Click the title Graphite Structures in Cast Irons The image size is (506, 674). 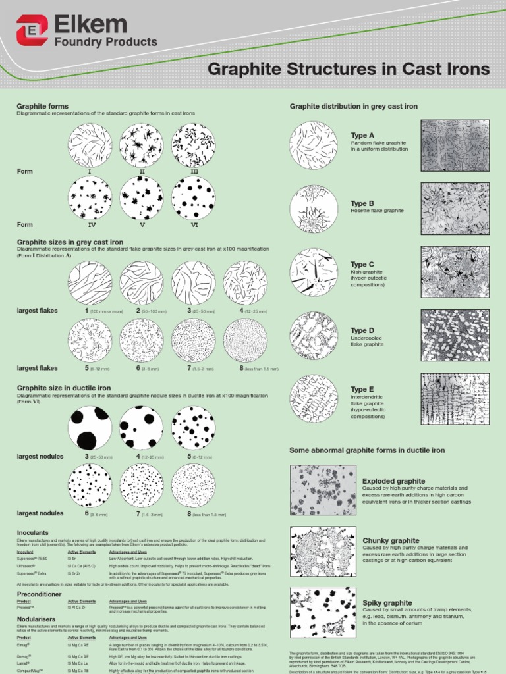pyautogui.click(x=349, y=69)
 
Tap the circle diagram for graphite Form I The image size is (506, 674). pyautogui.click(x=90, y=145)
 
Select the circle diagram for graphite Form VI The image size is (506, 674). pyautogui.click(x=193, y=197)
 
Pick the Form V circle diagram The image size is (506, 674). pyautogui.click(x=141, y=197)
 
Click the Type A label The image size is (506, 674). pyautogui.click(x=362, y=135)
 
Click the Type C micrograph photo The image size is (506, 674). pyautogui.click(x=455, y=272)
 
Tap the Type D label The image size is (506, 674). pyautogui.click(x=362, y=330)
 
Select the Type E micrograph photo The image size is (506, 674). pyautogui.click(x=455, y=399)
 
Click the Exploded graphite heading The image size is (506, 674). pyautogui.click(x=393, y=481)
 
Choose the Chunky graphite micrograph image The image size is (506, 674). pyautogui.click(x=323, y=551)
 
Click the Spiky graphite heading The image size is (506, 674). pyautogui.click(x=387, y=602)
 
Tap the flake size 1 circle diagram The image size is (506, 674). pyautogui.click(x=90, y=283)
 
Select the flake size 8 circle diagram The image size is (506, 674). pyautogui.click(x=245, y=340)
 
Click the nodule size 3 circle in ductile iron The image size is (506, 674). pyautogui.click(x=90, y=428)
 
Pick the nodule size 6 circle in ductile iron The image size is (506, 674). pyautogui.click(x=90, y=486)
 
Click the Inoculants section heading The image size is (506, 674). pyautogui.click(x=33, y=532)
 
